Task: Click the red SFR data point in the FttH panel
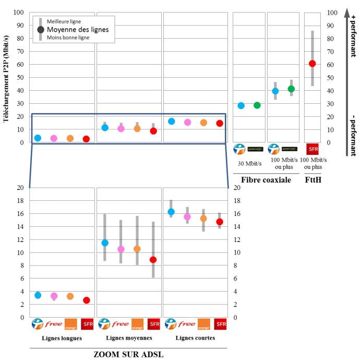[312, 64]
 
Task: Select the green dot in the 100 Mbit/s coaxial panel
[291, 89]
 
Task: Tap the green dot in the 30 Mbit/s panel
[257, 105]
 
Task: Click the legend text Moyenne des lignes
[78, 30]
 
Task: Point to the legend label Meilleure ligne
[64, 21]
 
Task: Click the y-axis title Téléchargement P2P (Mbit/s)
[7, 77]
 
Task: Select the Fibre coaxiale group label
[266, 180]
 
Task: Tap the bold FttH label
[313, 180]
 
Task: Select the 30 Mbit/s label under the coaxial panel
[249, 163]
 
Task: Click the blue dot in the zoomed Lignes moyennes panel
[105, 243]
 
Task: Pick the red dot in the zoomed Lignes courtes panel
[220, 222]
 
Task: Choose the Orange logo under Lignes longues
[70, 324]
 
